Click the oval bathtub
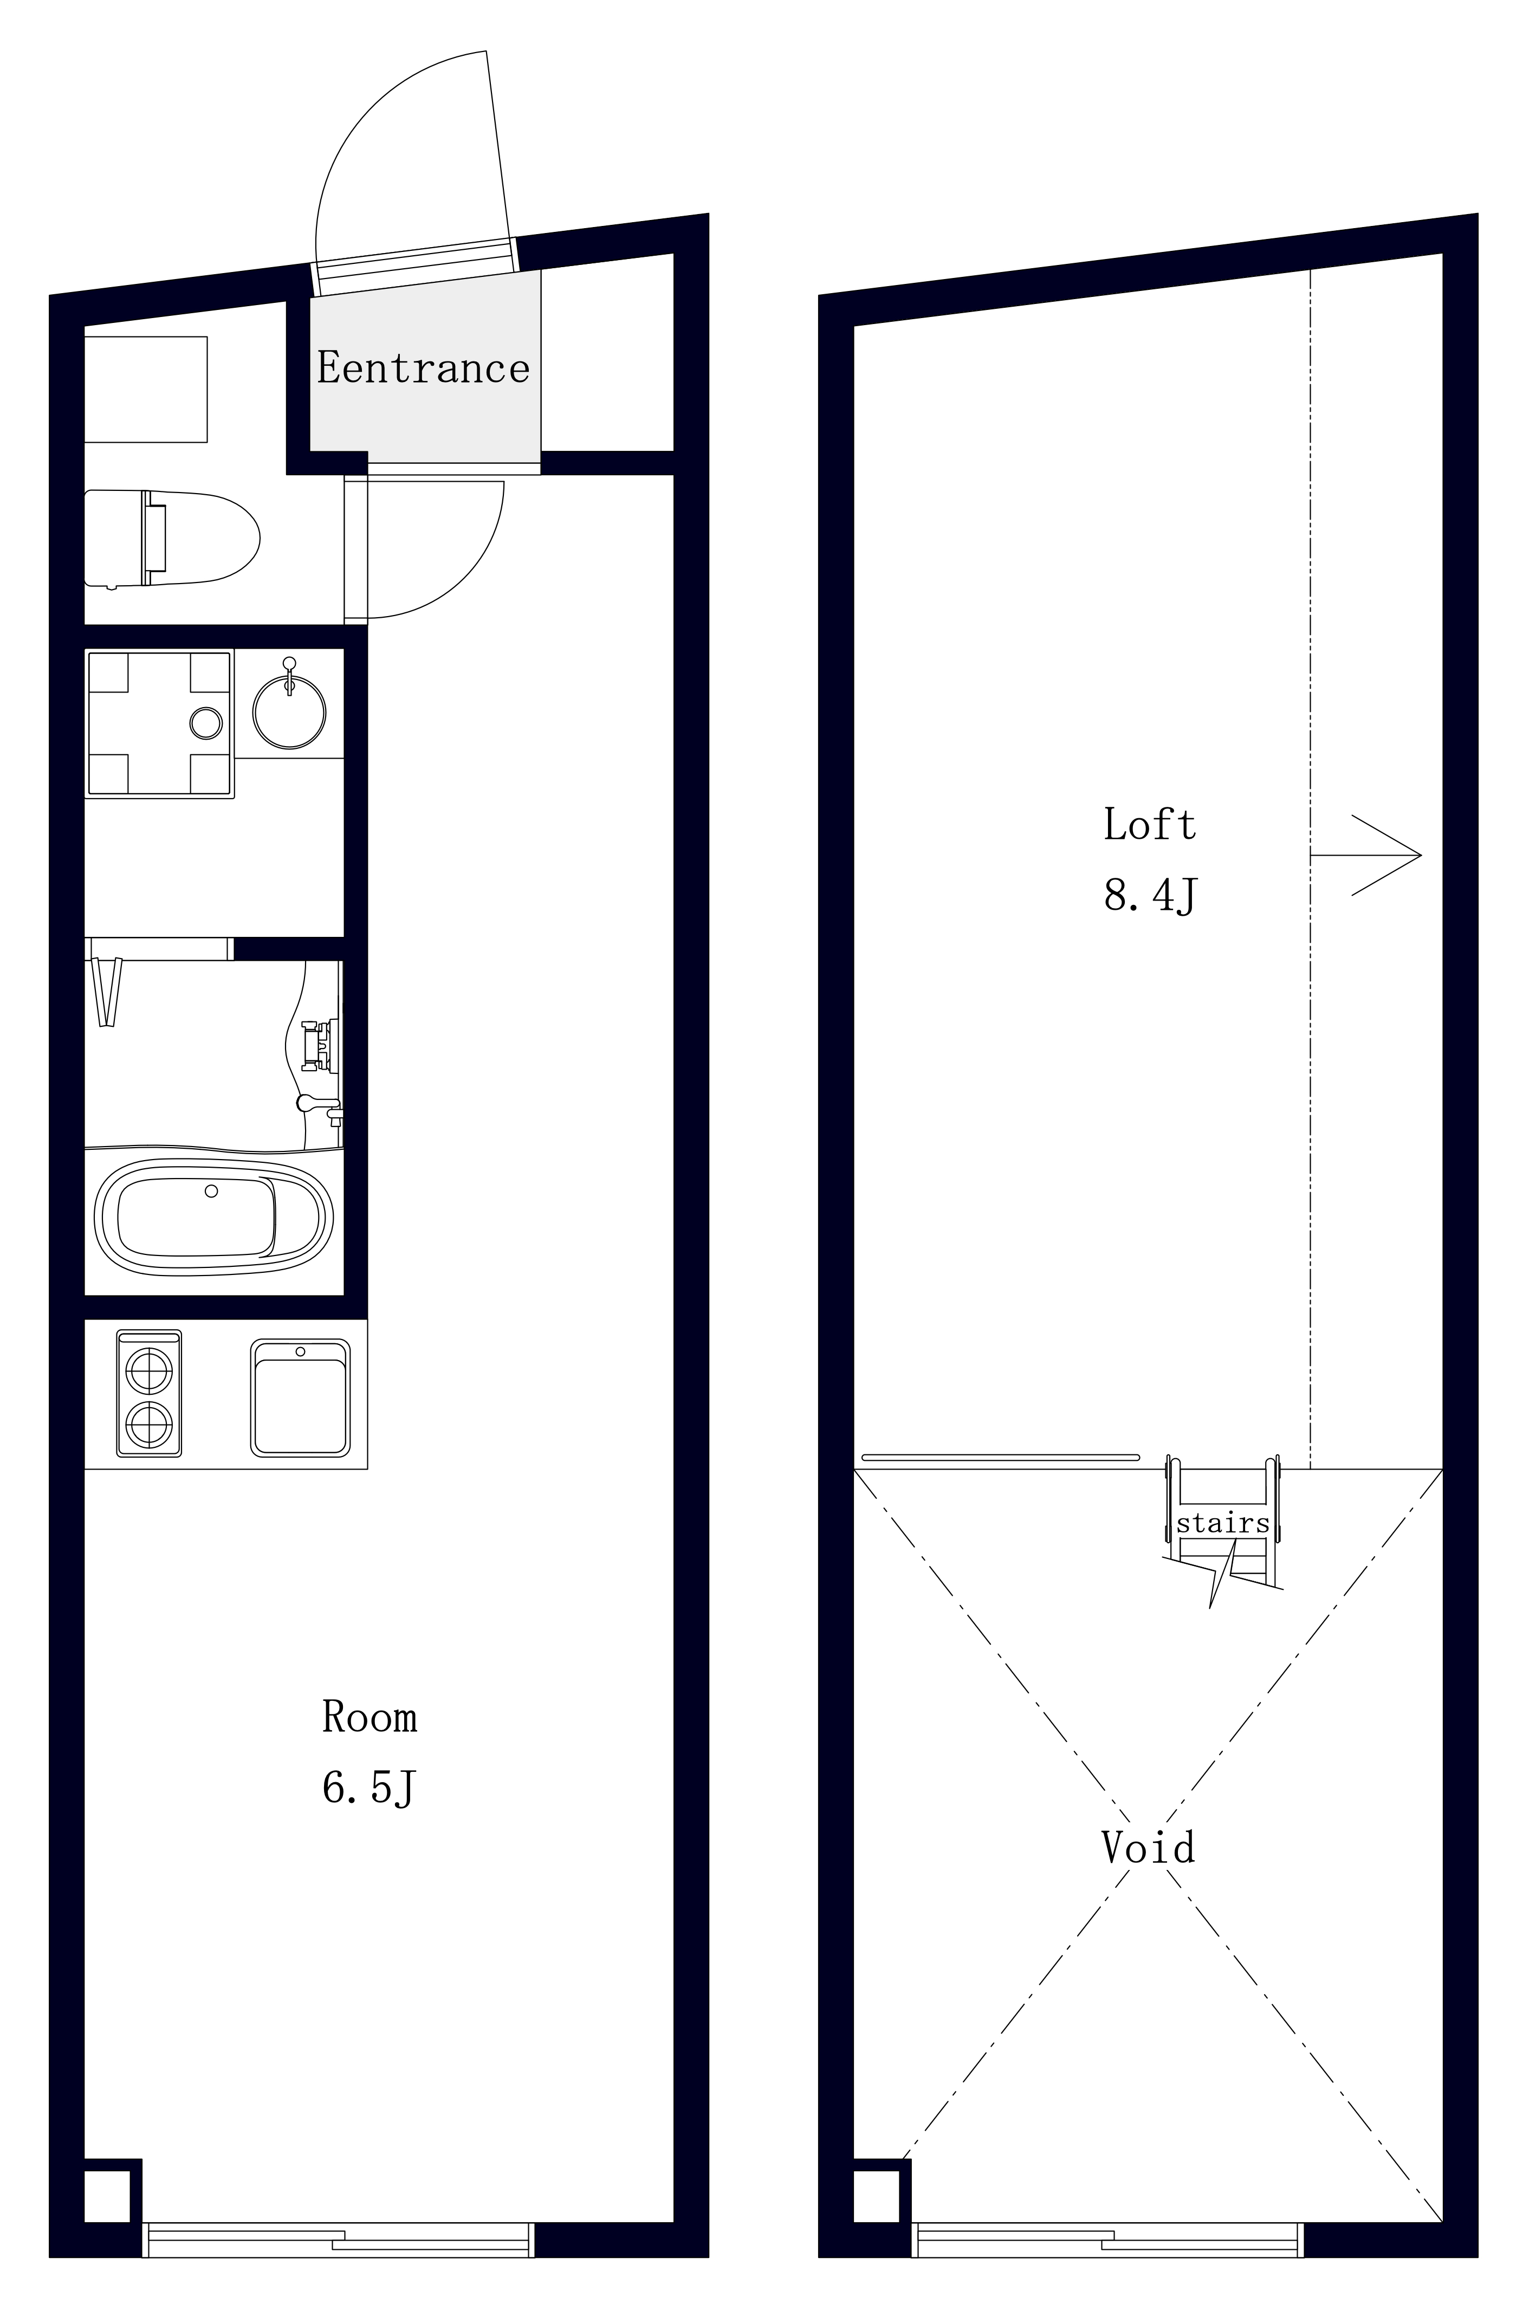(x=213, y=1217)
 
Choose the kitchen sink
(x=300, y=1398)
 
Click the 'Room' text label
(x=370, y=1716)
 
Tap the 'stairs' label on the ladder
(x=1223, y=1523)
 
